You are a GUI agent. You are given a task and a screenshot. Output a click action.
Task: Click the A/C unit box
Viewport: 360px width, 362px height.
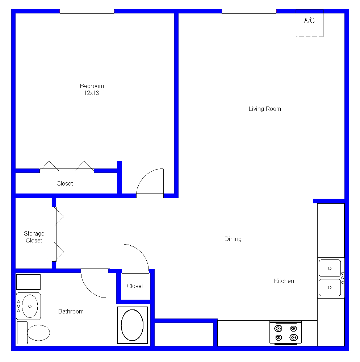point(309,23)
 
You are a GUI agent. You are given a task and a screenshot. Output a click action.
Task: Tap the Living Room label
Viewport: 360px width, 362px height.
point(265,109)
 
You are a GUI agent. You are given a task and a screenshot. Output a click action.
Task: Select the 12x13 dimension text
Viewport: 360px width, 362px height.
point(91,93)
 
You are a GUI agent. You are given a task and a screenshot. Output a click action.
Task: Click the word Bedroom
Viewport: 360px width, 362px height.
point(92,86)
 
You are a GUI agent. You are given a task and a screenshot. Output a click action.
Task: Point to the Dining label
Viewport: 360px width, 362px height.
point(233,239)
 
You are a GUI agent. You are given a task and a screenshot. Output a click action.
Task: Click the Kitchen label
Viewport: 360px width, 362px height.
point(284,281)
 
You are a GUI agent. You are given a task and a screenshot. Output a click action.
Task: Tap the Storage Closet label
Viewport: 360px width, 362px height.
point(34,237)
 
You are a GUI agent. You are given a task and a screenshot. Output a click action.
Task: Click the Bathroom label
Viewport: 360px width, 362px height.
point(71,311)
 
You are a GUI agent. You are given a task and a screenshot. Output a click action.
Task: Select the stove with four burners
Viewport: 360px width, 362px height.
point(285,333)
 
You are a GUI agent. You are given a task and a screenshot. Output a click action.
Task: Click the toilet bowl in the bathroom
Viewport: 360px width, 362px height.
point(38,333)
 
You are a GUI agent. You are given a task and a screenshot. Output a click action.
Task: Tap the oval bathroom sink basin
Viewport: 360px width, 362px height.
point(30,306)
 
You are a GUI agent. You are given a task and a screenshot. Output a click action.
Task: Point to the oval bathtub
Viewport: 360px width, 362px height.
point(132,325)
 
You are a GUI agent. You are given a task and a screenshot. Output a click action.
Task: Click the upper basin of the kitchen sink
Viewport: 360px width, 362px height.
point(330,268)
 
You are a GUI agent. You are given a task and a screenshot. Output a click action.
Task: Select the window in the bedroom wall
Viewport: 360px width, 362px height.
point(87,11)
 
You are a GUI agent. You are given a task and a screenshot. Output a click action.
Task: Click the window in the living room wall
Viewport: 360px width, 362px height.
point(249,11)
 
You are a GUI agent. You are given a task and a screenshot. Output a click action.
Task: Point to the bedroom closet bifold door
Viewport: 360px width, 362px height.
point(67,171)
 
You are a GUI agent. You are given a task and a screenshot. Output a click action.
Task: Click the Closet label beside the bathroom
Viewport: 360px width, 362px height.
point(135,286)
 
